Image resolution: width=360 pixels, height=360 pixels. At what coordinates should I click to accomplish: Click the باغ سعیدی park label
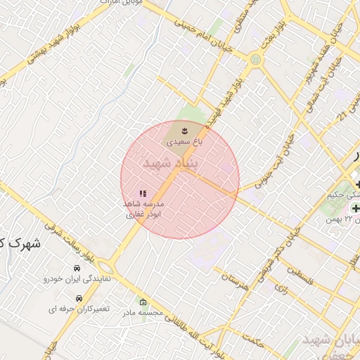(x=184, y=142)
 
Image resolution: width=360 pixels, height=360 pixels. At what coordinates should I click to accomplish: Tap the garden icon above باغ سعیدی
(x=184, y=131)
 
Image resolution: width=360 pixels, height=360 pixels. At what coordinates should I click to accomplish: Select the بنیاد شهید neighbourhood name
(x=172, y=164)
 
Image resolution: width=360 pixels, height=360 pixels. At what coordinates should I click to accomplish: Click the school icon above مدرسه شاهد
(x=143, y=193)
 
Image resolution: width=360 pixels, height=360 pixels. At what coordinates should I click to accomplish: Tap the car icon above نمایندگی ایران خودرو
(x=77, y=269)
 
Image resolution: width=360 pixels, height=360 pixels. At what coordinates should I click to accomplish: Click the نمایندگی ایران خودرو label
(x=76, y=279)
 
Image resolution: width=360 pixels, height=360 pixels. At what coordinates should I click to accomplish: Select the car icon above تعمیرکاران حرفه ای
(x=76, y=297)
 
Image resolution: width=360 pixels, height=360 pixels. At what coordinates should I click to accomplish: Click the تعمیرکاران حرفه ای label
(x=75, y=309)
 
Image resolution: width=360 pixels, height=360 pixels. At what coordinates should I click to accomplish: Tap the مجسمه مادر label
(x=143, y=312)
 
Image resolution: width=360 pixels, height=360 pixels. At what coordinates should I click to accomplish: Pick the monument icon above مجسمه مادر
(x=143, y=302)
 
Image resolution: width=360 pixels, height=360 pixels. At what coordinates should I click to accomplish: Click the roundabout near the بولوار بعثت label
(x=255, y=60)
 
